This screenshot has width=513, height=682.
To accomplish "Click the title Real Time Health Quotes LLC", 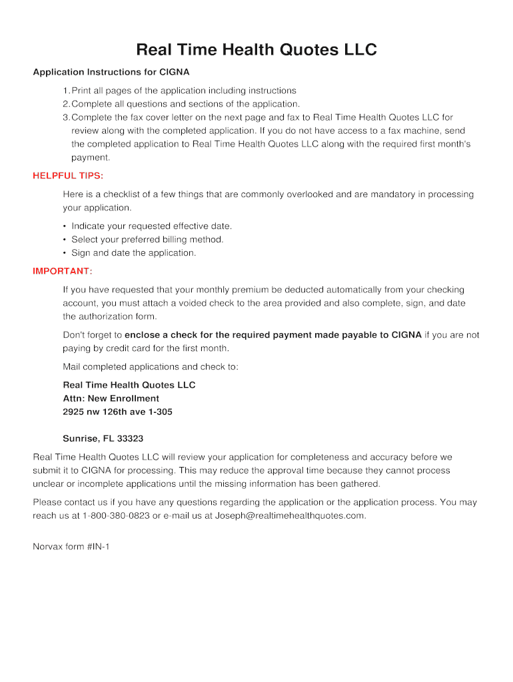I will pos(256,50).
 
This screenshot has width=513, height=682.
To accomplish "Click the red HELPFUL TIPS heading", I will pos(68,176).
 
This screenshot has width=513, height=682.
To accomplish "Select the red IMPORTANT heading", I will pos(63,271).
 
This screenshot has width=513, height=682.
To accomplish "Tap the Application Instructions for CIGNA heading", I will pos(111,72).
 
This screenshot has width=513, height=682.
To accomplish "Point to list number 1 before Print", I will pos(65,91).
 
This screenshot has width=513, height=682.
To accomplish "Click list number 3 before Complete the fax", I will pos(65,117).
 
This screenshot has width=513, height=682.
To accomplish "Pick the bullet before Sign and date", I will pos(65,253).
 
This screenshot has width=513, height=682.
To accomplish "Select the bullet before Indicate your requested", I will pos(65,226).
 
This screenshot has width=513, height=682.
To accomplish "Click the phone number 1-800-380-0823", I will pos(117,516).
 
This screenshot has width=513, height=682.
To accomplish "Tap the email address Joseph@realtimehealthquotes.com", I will pos(290,516).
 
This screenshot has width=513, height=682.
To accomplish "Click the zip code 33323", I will pos(130,439).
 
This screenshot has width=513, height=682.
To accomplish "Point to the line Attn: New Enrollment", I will pos(111,398).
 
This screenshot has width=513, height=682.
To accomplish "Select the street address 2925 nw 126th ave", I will pos(107,412).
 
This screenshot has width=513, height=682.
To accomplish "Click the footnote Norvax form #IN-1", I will pos(71,547).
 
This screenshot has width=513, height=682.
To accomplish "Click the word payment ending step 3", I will pos(90,158).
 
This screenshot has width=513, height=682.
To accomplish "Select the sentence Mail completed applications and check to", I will pos(150,367).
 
